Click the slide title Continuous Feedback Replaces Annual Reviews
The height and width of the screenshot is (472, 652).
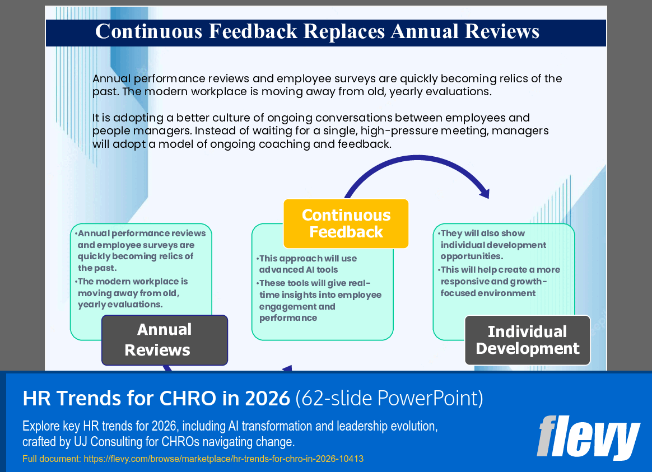[x=317, y=31]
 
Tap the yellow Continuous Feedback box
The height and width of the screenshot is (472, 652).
[x=346, y=223]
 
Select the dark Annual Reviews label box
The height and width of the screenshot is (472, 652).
[x=164, y=340]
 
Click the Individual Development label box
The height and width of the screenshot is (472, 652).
[x=527, y=340]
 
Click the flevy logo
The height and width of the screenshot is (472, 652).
[x=588, y=437]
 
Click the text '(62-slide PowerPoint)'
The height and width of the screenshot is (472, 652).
[x=389, y=398]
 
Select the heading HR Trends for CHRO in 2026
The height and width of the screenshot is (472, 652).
[x=156, y=398]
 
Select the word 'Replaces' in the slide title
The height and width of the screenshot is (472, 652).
[x=344, y=31]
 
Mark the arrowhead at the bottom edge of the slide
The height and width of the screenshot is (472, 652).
[x=287, y=368]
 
